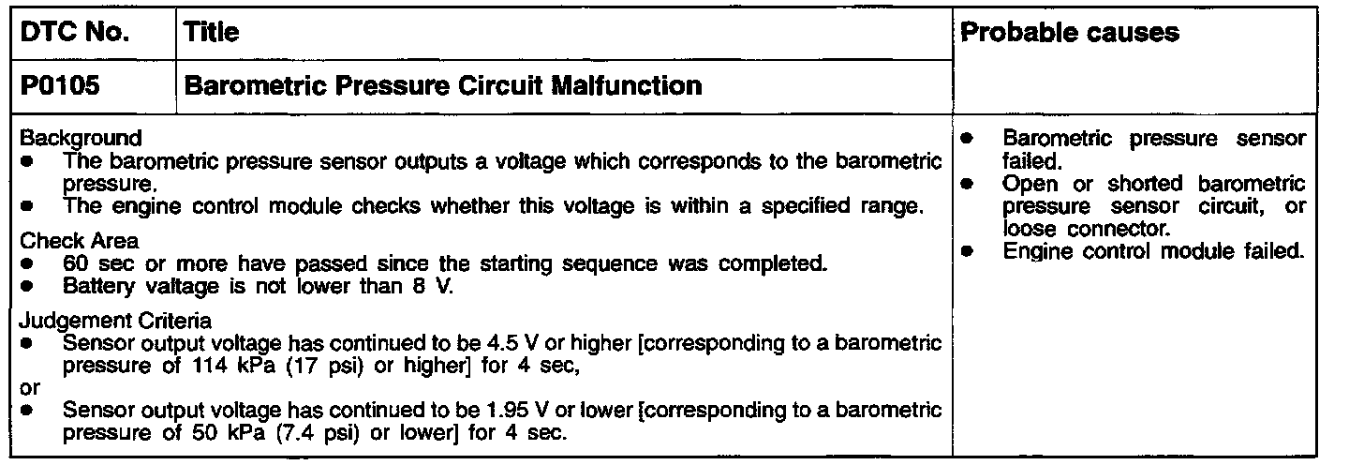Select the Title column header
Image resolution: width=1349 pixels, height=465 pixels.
pyautogui.click(x=212, y=34)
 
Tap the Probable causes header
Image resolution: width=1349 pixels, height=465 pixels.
pyautogui.click(x=1071, y=34)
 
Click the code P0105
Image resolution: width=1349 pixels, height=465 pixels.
pyautogui.click(x=61, y=86)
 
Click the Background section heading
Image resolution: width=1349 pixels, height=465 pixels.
pyautogui.click(x=82, y=138)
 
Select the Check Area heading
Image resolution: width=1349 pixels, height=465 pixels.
pyautogui.click(x=79, y=241)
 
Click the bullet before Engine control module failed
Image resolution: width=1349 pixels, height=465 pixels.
pyautogui.click(x=966, y=250)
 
